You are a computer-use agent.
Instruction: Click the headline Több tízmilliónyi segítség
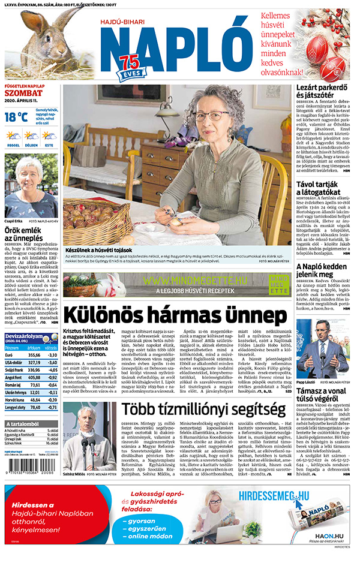click(x=203, y=410)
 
